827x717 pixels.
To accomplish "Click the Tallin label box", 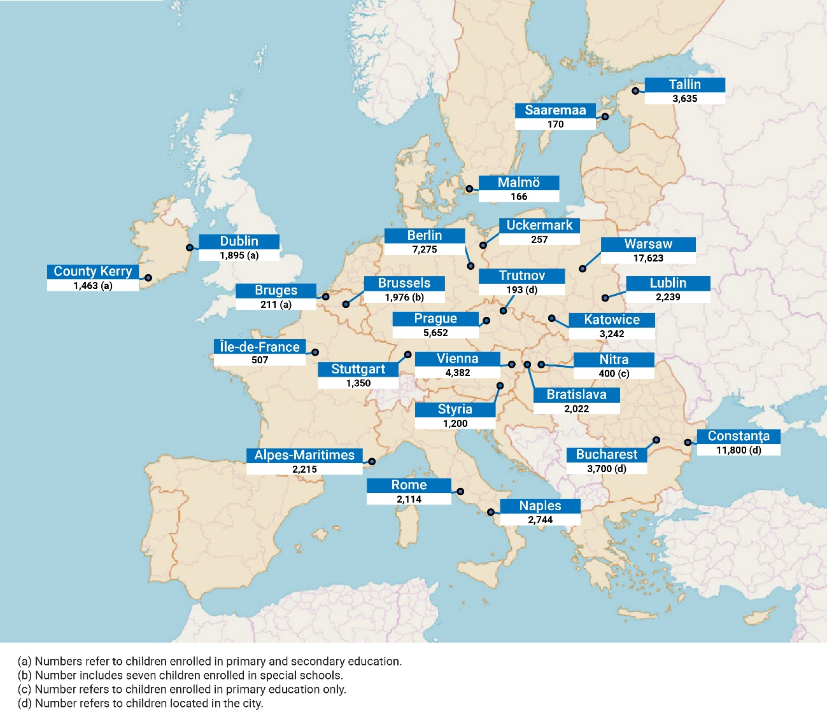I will pyautogui.click(x=684, y=85).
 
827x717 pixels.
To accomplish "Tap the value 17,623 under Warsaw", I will pyautogui.click(x=648, y=258).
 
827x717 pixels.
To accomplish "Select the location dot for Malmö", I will pyautogui.click(x=469, y=189).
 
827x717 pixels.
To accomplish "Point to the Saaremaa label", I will pyautogui.click(x=555, y=110).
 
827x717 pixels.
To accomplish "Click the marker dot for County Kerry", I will pyautogui.click(x=148, y=278).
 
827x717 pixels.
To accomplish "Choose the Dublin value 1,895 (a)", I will pyautogui.click(x=239, y=255).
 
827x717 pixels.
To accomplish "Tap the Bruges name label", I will pyautogui.click(x=276, y=290).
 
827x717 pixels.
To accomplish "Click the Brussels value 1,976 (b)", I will pyautogui.click(x=404, y=297).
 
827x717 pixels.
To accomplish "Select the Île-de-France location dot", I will pyautogui.click(x=315, y=352).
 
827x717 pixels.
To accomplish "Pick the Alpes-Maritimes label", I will pyautogui.click(x=304, y=455).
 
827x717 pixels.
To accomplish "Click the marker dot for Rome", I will pyautogui.click(x=460, y=492).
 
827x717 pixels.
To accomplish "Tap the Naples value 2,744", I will pyautogui.click(x=540, y=520).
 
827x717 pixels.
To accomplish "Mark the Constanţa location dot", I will pyautogui.click(x=688, y=442).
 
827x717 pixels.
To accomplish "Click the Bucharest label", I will pyautogui.click(x=606, y=454).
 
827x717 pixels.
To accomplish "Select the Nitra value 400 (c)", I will pyautogui.click(x=614, y=373).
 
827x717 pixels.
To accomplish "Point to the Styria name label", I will pyautogui.click(x=455, y=409).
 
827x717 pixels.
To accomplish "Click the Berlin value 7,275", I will pyautogui.click(x=424, y=249).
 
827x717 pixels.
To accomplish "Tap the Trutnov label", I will pyautogui.click(x=521, y=275).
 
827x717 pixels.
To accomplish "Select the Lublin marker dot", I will pyautogui.click(x=605, y=298).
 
